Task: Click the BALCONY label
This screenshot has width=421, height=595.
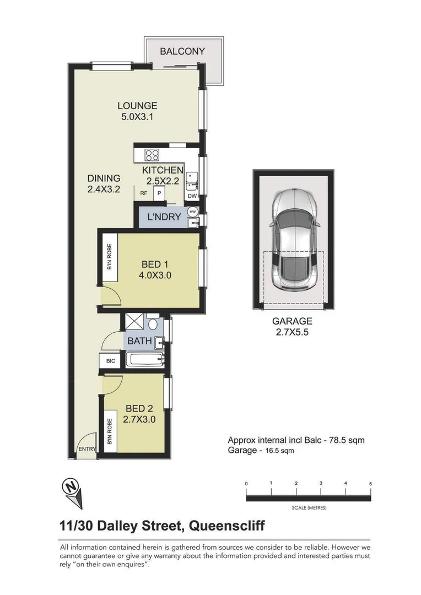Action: tap(182, 51)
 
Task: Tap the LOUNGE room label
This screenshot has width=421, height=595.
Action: tap(137, 105)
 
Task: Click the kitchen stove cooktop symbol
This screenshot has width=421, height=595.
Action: tap(152, 155)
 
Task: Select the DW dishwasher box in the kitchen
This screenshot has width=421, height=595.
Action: tap(192, 196)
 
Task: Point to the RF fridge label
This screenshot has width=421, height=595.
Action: tap(144, 193)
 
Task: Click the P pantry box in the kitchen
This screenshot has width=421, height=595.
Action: tap(159, 193)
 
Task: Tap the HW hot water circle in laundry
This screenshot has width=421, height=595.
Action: tap(193, 212)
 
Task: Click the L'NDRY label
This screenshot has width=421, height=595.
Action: tap(165, 217)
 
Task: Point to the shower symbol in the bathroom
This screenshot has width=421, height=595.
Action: tap(134, 321)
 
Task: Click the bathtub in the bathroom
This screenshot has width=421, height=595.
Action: tap(144, 360)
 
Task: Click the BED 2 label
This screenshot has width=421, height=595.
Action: tap(139, 408)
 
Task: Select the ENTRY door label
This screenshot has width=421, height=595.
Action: tap(87, 450)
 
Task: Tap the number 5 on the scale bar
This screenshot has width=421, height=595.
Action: tap(370, 483)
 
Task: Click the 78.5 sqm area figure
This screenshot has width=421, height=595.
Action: tap(345, 440)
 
